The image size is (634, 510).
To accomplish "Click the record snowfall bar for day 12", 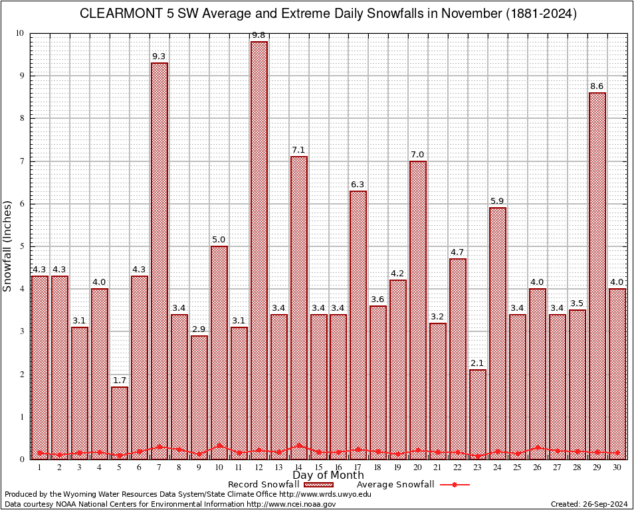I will [x=259, y=250].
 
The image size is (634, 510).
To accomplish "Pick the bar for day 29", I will [x=597, y=276].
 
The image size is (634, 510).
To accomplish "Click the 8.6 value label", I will [x=597, y=86].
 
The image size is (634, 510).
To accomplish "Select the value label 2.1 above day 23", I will [x=477, y=363].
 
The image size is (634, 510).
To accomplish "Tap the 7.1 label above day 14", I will [x=298, y=150].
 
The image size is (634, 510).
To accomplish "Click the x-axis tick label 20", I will [x=417, y=467].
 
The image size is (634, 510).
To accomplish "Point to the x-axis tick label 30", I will [x=617, y=467].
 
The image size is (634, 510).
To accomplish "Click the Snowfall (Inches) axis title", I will [x=8, y=246].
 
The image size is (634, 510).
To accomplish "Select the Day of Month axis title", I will [x=328, y=475].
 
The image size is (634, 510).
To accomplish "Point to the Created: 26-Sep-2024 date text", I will [x=589, y=505].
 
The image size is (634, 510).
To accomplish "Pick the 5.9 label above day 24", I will [x=497, y=201].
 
